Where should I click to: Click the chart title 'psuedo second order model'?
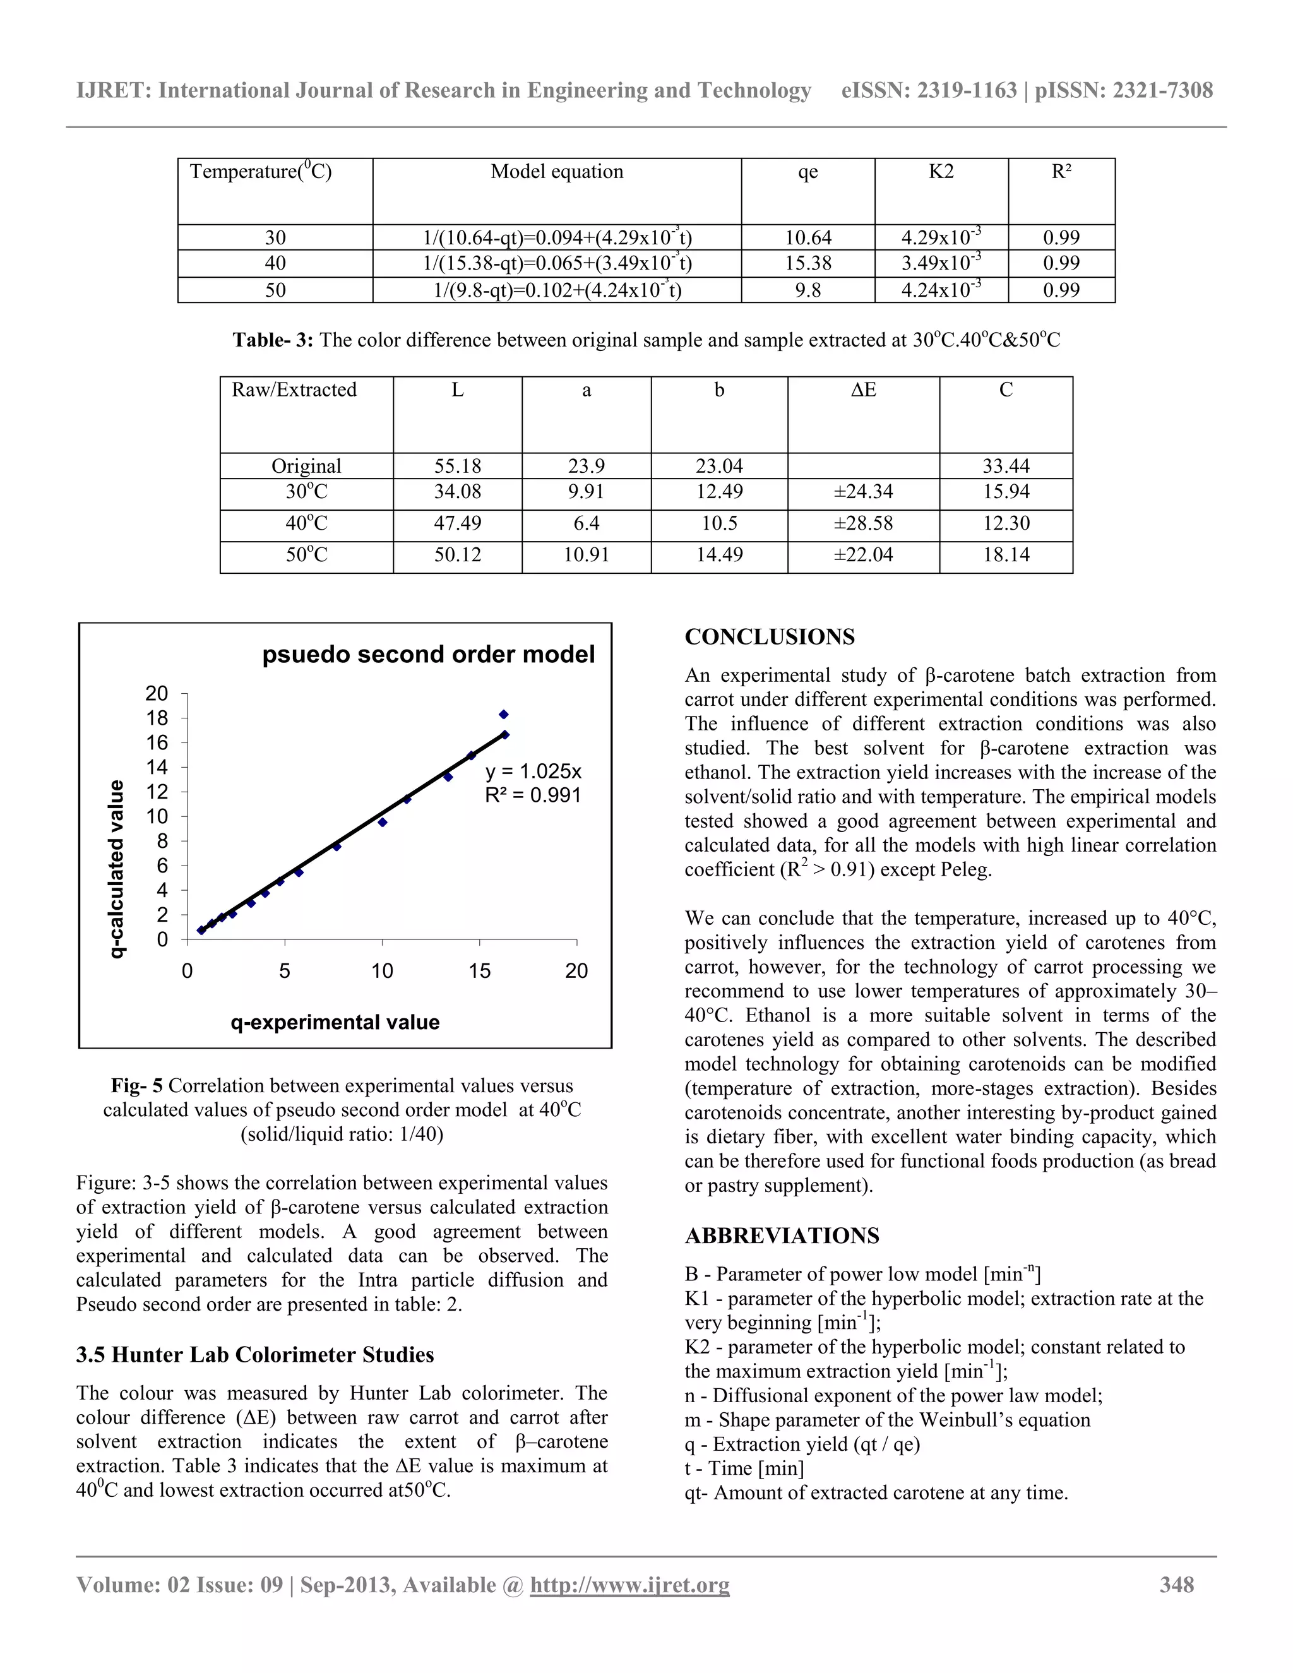pos(428,654)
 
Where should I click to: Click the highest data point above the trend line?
pos(504,714)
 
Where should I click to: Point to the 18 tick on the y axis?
pos(157,718)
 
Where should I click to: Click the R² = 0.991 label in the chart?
pos(533,795)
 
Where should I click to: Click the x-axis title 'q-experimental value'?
pos(335,1022)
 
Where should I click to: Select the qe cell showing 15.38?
pos(807,263)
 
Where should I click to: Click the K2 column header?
pos(941,172)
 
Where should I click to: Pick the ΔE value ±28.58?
pos(862,524)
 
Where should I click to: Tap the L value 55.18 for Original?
pos(457,466)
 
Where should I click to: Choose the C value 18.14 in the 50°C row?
pos(1006,554)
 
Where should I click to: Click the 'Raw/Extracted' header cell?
pos(294,390)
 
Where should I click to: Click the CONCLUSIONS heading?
pos(769,636)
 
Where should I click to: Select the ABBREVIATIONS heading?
pos(782,1235)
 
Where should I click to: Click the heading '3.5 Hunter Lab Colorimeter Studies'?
pos(254,1354)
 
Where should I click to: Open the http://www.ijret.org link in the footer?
pos(629,1584)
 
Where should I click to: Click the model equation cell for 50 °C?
pos(557,290)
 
